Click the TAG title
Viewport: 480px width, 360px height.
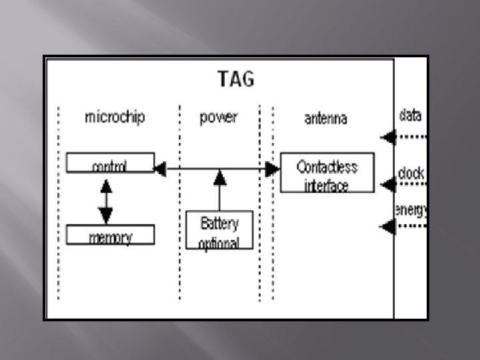click(236, 79)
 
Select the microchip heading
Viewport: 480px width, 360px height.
click(115, 118)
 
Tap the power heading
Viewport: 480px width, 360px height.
click(218, 118)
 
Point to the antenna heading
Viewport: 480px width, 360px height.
click(326, 119)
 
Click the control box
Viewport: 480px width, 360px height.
click(110, 163)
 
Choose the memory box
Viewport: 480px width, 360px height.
click(110, 235)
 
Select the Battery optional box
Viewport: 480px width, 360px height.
click(219, 230)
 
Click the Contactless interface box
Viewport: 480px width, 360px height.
click(327, 173)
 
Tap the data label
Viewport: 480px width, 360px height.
click(410, 115)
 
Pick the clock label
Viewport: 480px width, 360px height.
click(411, 173)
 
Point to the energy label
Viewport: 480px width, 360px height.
click(411, 211)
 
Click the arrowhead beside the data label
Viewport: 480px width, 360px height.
click(388, 137)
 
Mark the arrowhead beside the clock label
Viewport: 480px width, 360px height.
click(388, 184)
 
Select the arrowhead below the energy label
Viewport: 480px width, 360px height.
click(388, 226)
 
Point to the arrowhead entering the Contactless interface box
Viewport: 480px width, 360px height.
click(272, 169)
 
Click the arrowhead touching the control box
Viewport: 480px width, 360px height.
click(159, 169)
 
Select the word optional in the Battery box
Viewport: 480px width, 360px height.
click(219, 243)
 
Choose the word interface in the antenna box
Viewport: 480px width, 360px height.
click(327, 185)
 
